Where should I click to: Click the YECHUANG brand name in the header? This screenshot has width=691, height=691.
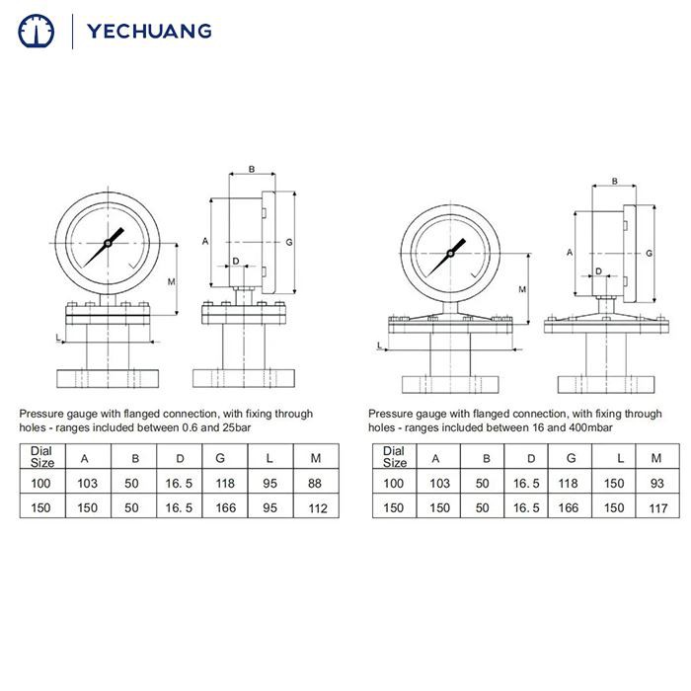click(149, 30)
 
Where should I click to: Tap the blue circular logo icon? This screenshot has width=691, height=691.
click(38, 31)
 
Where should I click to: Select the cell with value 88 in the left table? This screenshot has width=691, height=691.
click(315, 484)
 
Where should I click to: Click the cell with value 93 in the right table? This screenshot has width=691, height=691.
click(655, 484)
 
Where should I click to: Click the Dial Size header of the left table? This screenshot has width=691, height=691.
click(42, 456)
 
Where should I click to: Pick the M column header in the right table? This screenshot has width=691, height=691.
click(655, 457)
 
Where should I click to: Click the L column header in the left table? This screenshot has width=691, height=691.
click(269, 457)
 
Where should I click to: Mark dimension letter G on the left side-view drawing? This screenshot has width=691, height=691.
click(288, 242)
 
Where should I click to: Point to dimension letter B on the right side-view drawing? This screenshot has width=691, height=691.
click(614, 182)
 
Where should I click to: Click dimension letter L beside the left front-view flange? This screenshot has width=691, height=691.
click(58, 338)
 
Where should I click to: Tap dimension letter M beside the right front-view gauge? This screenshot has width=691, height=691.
click(522, 288)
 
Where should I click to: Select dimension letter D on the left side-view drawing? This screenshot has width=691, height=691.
click(234, 261)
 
